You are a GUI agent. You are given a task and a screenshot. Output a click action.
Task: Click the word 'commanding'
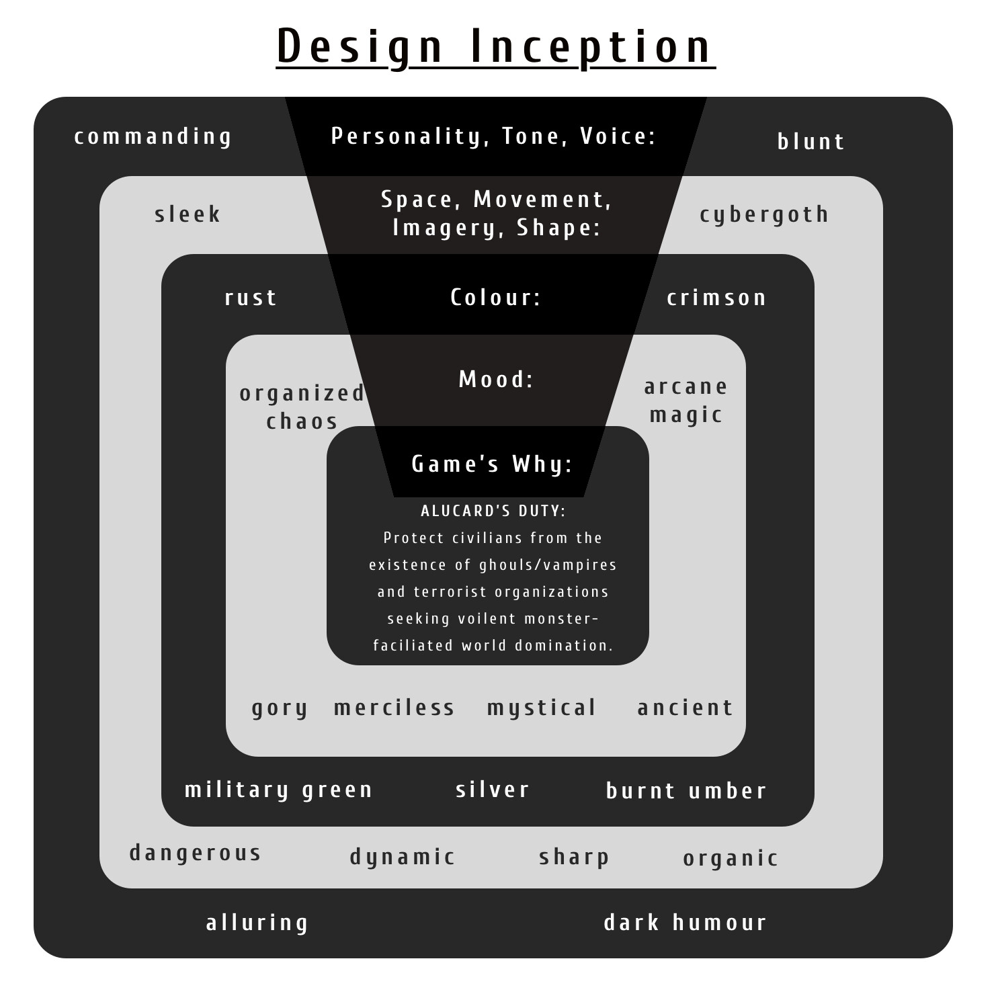tap(153, 137)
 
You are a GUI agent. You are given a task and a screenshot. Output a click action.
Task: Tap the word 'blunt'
tap(811, 142)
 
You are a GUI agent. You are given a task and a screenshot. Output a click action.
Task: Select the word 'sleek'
tap(188, 214)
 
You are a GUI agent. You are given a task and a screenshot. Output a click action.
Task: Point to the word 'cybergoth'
tap(764, 214)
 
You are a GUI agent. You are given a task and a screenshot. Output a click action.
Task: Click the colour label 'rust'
tap(251, 298)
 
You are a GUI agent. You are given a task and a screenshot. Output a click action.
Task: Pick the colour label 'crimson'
tap(716, 298)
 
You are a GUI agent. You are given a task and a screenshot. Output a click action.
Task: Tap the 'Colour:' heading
tap(495, 298)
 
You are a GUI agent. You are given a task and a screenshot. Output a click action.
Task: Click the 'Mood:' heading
tap(496, 380)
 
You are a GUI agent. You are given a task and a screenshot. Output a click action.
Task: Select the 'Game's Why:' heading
tap(492, 464)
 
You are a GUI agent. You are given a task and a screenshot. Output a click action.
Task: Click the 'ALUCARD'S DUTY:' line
tap(493, 511)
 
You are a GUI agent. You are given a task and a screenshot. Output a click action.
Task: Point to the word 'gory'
tap(280, 708)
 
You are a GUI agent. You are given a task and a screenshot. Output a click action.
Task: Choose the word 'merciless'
tap(395, 708)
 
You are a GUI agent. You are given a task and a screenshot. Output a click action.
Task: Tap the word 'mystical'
tap(542, 708)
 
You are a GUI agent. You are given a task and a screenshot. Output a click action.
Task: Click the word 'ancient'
tap(685, 708)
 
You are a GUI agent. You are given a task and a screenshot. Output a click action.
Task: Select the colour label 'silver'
tap(493, 790)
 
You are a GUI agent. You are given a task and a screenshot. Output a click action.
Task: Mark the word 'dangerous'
tap(195, 853)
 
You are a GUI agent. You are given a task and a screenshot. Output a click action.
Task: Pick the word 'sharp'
tap(574, 858)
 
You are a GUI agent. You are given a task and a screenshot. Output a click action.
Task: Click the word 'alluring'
tap(257, 923)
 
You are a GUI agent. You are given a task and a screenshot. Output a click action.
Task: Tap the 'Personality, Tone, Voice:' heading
tap(493, 136)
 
